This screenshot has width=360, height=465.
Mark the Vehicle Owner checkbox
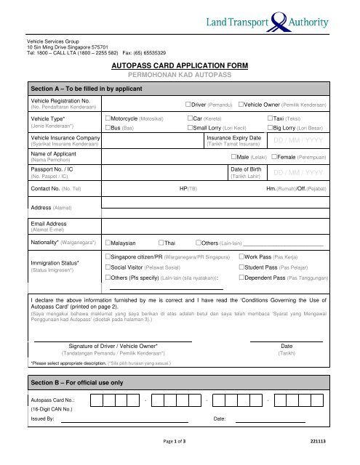point(241,105)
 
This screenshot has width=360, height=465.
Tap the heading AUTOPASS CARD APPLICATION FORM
point(180,65)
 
